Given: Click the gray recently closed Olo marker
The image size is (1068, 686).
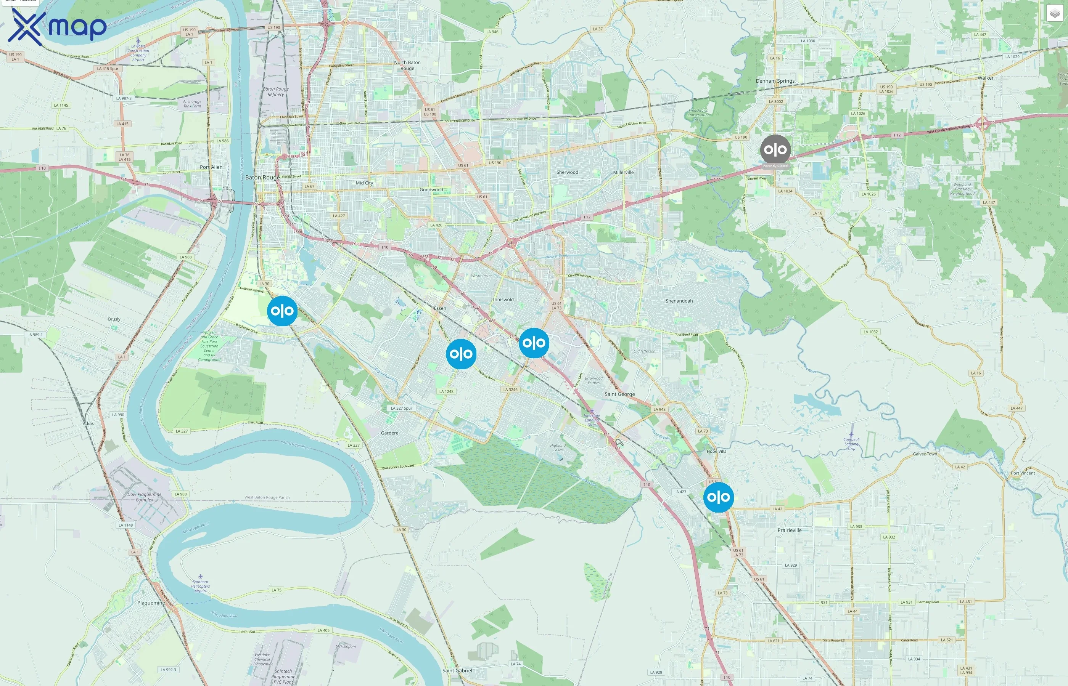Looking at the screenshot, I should (775, 150).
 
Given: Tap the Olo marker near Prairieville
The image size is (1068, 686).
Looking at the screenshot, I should (718, 497).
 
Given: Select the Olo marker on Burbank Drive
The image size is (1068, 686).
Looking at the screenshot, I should (282, 311).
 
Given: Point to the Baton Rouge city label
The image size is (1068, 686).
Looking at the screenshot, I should (262, 177).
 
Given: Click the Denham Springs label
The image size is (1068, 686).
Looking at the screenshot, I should (775, 81).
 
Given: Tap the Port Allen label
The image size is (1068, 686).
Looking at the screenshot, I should (211, 167).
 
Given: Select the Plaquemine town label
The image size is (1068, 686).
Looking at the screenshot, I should (151, 603).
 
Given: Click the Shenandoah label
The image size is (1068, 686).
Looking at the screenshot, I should (679, 301).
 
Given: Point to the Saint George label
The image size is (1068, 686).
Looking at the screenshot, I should (619, 394).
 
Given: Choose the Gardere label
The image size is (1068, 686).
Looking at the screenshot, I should (389, 433).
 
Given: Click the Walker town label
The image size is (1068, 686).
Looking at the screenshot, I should (985, 78).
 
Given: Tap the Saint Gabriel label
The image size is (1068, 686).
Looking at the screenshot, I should (457, 670).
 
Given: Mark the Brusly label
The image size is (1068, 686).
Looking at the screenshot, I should (114, 319).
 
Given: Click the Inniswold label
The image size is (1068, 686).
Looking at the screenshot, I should (503, 299).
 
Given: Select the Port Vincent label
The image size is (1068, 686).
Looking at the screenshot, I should (1023, 473).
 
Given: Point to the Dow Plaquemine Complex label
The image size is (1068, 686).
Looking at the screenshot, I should (145, 497).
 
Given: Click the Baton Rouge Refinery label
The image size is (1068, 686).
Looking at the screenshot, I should (275, 92).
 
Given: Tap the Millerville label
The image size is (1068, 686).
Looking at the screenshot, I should (623, 172).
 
